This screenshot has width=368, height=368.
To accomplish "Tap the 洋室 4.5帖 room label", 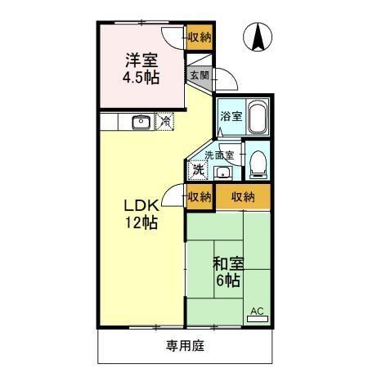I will tap(141, 68).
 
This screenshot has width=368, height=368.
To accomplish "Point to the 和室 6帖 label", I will tap(227, 272).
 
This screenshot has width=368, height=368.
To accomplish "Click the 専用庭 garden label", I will tap(185, 345).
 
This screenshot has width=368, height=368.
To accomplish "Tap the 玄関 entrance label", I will tap(200, 75).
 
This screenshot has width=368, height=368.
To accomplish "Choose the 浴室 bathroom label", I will tap(231, 116).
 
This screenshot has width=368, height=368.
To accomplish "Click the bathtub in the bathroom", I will tap(257, 118).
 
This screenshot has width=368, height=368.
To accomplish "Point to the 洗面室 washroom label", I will tap(219, 155).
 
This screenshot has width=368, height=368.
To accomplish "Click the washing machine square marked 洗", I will tap(198, 170).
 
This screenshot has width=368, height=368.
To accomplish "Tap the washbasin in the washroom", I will tap(222, 172).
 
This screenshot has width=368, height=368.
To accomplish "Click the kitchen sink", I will tap(140, 123).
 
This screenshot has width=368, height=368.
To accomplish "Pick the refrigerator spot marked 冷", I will tap(165, 122).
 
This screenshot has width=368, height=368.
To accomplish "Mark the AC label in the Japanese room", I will tap(257, 310).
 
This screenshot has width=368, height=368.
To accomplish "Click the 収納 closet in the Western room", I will tap(200, 37).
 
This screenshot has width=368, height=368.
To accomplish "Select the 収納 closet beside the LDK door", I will tap(200, 196).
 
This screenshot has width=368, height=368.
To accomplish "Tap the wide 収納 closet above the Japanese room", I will tap(243, 196).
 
